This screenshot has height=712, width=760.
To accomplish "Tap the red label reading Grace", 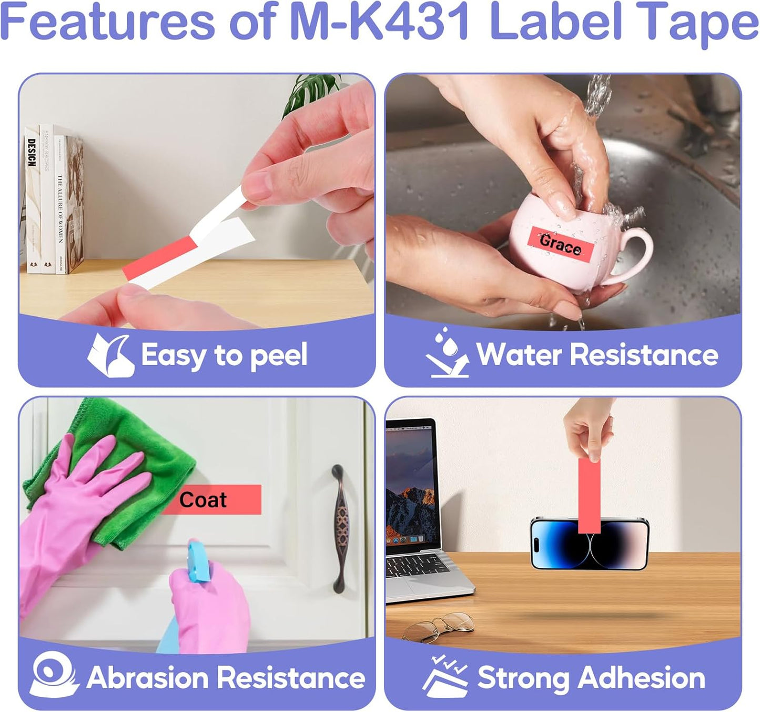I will click(x=561, y=244).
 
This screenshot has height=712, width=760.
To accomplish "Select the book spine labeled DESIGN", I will click(x=32, y=200).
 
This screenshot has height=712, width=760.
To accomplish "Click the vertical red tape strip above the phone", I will click(x=589, y=492).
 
